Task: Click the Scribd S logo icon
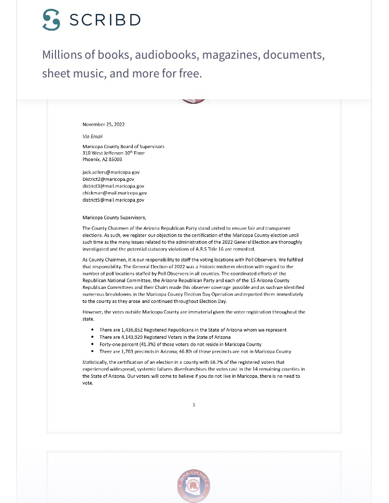pos(51,20)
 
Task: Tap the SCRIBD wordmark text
pos(105,20)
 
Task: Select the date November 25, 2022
pos(104,124)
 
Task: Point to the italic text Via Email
pos(93,136)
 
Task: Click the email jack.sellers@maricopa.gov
pos(111,171)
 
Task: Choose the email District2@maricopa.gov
pos(108,179)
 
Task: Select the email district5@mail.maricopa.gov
pos(113,200)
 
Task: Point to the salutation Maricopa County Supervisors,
pos(115,217)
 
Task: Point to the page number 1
pos(194,405)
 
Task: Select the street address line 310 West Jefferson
pos(114,153)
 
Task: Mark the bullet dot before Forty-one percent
pos(93,345)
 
